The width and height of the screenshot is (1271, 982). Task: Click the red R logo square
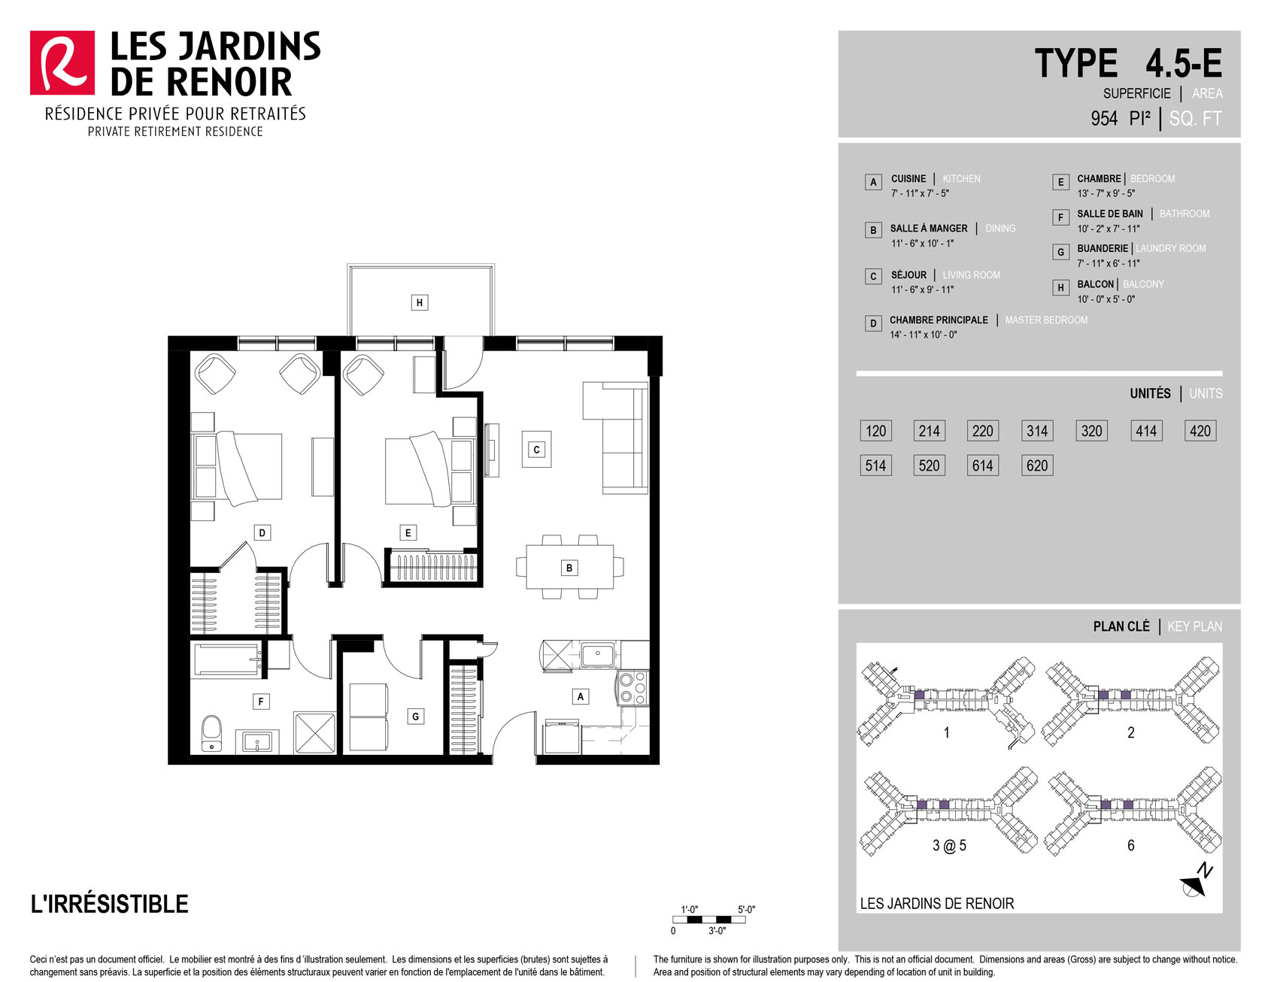coord(62,63)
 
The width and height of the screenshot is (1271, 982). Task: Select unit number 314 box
coord(1037,431)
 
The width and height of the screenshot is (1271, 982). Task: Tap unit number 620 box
coord(1037,465)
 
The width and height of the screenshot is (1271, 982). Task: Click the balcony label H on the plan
coord(420,303)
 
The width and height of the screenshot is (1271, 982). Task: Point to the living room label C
coord(536,450)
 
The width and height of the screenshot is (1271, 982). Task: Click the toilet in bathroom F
coord(212,733)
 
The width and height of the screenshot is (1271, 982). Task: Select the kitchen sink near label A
coord(598,655)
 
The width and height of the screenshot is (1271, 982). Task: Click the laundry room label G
coord(415,717)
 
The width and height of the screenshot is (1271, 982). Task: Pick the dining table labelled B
coord(569,567)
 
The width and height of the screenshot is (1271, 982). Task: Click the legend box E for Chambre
coord(1060,182)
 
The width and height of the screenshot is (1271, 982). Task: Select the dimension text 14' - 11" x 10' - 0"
coord(924,335)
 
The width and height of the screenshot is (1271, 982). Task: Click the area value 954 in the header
coord(1104,119)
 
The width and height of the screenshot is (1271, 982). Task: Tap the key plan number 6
coord(1130,846)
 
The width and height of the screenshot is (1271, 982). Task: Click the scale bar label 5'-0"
coord(746,910)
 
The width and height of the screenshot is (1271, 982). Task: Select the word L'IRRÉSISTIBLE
coord(110,904)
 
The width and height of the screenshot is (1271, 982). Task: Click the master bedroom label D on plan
coord(262,533)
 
